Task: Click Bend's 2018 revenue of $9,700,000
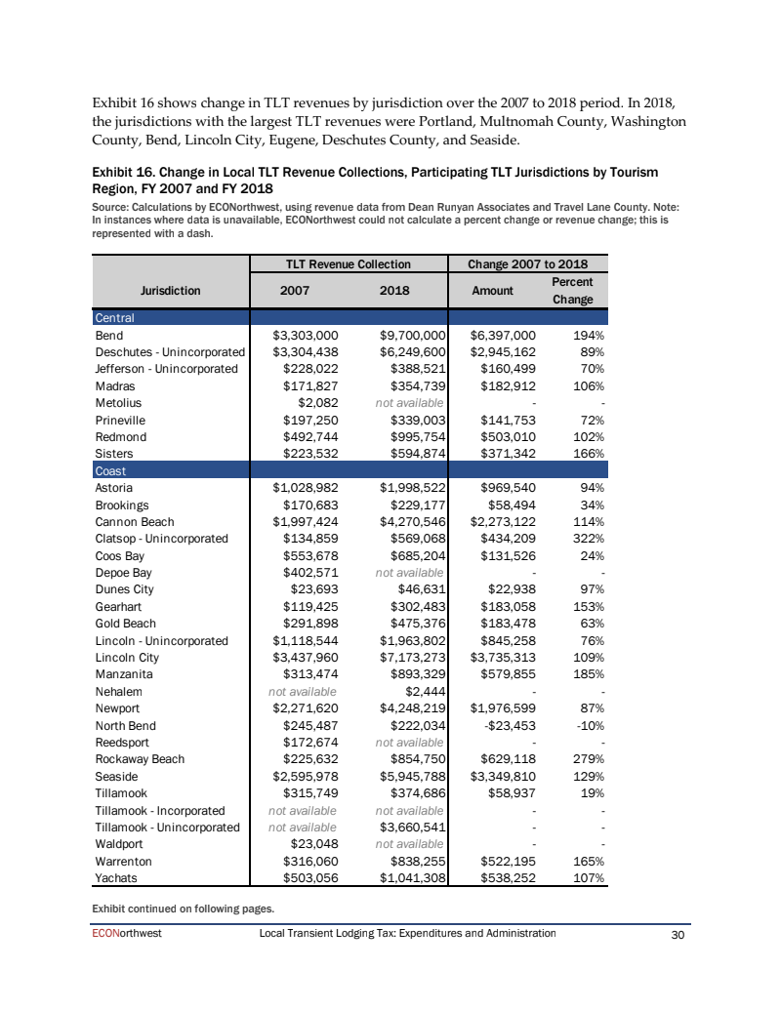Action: [x=412, y=335]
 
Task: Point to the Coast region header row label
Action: [x=110, y=470]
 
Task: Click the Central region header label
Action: [x=114, y=318]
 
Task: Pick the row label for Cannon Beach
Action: [x=135, y=522]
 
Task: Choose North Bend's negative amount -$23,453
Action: [x=508, y=725]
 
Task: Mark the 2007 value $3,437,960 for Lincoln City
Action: [x=305, y=658]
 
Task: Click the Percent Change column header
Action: [x=573, y=290]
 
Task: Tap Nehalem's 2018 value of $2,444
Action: [x=425, y=692]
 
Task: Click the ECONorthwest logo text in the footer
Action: [x=127, y=934]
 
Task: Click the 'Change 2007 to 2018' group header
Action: [x=527, y=263]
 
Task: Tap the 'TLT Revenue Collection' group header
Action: [x=348, y=263]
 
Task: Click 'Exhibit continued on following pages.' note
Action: [x=183, y=909]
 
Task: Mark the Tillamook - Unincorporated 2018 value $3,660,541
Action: [x=412, y=828]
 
